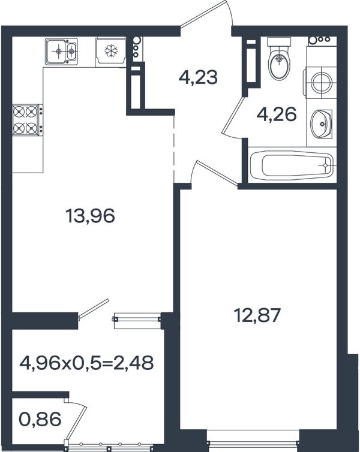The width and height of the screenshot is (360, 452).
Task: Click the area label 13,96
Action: tap(90, 216)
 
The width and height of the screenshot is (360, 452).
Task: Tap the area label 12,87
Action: tap(257, 315)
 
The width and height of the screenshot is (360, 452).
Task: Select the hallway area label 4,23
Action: tap(198, 77)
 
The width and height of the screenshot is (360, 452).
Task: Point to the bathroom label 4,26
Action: tap(277, 114)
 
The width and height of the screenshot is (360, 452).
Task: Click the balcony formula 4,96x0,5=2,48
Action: tap(86, 363)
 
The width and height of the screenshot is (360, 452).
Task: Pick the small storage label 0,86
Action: tap(40, 419)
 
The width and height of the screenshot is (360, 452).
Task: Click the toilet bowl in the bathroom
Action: tap(278, 59)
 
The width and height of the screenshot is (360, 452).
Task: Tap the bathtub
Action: tap(292, 166)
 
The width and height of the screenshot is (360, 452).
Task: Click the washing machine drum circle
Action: tap(322, 83)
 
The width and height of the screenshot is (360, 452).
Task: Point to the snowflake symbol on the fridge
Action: tap(111, 51)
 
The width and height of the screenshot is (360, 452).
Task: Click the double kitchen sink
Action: tap(61, 52)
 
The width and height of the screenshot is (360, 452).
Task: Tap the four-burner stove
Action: tap(26, 120)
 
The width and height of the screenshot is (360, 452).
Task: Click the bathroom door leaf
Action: tap(233, 114)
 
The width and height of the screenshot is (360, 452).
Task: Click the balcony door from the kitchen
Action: tap(94, 309)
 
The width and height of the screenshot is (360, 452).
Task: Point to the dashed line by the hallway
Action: tap(173, 149)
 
